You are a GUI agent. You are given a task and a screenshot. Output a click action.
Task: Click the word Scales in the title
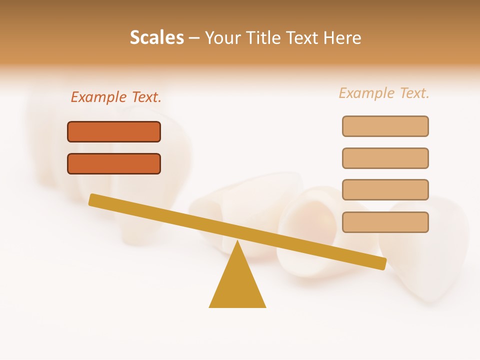click(x=156, y=37)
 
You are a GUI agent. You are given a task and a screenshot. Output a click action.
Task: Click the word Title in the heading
click(x=265, y=37)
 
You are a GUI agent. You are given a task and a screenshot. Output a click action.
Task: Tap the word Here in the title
click(x=342, y=37)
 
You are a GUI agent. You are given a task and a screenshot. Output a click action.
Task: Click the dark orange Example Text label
click(x=116, y=97)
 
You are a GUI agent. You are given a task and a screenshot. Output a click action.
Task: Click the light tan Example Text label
click(x=384, y=93)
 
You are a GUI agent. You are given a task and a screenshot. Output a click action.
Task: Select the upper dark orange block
click(x=114, y=132)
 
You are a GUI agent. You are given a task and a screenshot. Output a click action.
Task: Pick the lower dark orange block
click(x=114, y=164)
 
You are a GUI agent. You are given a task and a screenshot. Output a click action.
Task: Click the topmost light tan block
click(x=385, y=126)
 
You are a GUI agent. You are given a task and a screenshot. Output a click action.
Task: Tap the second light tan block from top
click(x=385, y=158)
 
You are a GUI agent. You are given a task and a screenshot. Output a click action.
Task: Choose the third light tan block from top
click(x=385, y=190)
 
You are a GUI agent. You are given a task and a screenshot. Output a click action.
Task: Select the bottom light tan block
click(x=385, y=222)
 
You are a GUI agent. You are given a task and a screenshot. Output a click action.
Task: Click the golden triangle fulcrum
click(x=237, y=285)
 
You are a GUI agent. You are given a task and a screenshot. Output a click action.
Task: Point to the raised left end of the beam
click(x=92, y=199)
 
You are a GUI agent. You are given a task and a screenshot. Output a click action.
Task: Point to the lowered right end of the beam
click(x=382, y=263)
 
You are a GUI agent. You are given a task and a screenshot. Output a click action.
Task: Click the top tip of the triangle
click(x=237, y=241)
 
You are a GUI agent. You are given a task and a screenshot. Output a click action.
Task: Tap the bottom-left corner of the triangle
click(x=210, y=306)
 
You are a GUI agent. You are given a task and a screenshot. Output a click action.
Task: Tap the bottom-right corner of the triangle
click(x=265, y=306)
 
